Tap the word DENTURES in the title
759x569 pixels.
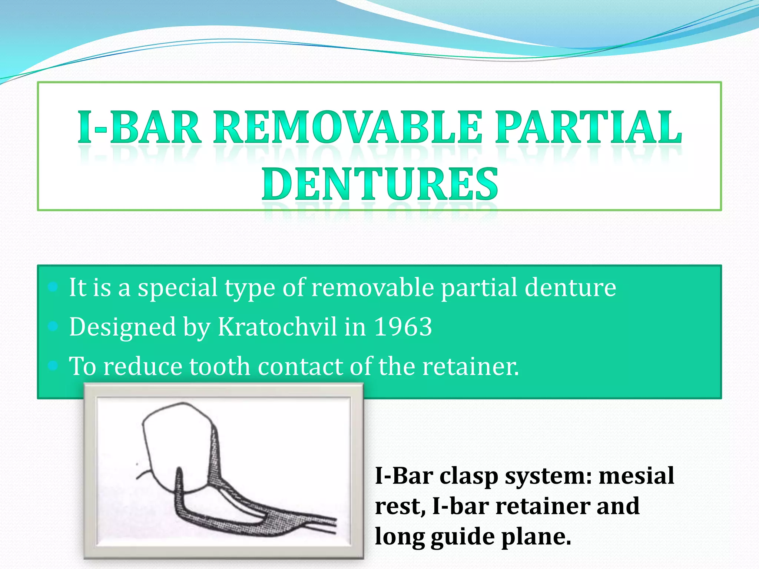(379, 184)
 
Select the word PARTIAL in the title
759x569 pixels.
(589, 128)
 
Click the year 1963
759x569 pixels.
(403, 327)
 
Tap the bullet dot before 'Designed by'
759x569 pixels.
(53, 326)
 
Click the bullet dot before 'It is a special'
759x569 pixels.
(53, 286)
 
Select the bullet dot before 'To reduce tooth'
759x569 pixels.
(53, 366)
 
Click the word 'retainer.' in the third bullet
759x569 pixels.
(471, 366)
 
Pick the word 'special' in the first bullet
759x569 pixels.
(178, 288)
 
